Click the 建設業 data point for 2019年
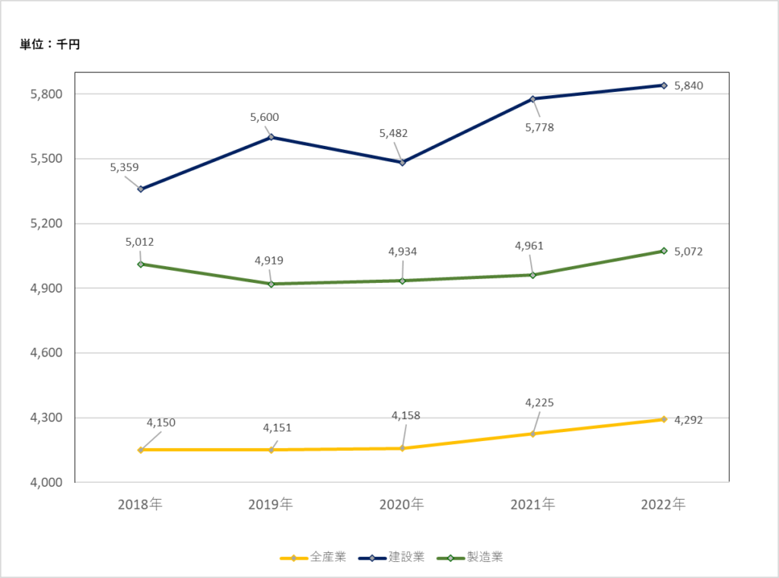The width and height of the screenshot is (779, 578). click(x=272, y=137)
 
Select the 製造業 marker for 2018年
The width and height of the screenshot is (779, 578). click(x=141, y=264)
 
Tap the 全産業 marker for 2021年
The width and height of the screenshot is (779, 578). click(x=533, y=434)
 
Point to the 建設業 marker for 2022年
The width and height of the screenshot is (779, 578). click(x=663, y=85)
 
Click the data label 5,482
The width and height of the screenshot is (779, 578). click(x=393, y=133)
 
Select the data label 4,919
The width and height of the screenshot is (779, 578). click(x=269, y=260)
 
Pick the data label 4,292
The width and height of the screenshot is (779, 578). click(x=688, y=420)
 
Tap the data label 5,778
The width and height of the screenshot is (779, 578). click(x=539, y=127)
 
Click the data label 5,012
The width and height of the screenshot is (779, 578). click(x=140, y=242)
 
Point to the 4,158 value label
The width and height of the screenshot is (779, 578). click(x=406, y=415)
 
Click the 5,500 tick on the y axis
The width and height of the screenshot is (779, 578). click(x=46, y=159)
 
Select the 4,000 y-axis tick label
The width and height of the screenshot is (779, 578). click(x=46, y=482)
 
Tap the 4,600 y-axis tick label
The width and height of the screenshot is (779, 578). click(x=46, y=353)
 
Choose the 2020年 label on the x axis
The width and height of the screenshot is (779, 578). click(x=402, y=504)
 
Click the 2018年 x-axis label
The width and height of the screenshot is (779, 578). click(x=140, y=504)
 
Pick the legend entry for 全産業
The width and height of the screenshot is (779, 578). click(x=313, y=557)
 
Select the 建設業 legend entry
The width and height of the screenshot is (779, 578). click(x=392, y=557)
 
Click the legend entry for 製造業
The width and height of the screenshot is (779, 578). click(x=470, y=557)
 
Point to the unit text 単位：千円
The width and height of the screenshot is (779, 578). click(x=49, y=44)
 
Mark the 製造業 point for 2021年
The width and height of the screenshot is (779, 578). click(x=533, y=275)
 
